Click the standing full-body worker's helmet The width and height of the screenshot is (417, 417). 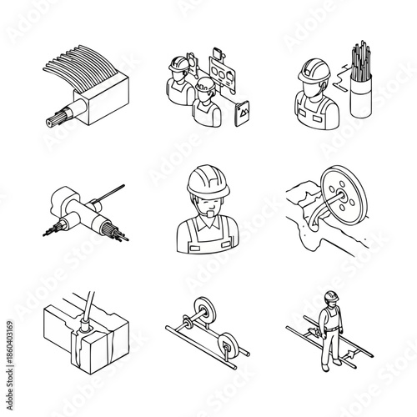(x=330, y=296)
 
